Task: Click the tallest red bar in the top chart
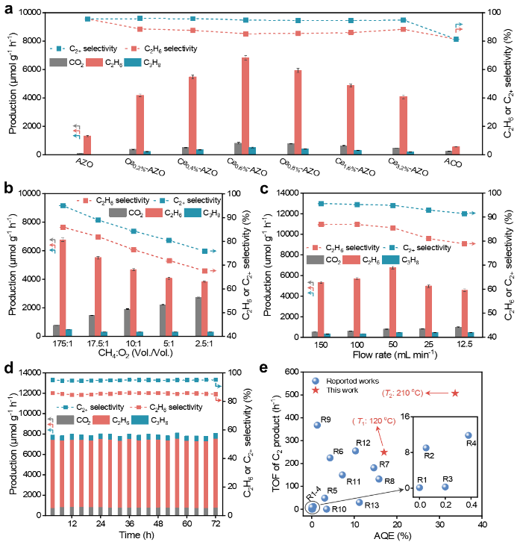click(x=245, y=105)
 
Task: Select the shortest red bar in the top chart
click(x=456, y=150)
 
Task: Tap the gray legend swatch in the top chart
click(x=58, y=63)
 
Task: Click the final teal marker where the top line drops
click(x=456, y=39)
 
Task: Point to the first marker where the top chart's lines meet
click(x=87, y=19)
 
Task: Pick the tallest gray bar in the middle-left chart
click(x=198, y=316)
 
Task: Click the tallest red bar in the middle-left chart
click(x=63, y=287)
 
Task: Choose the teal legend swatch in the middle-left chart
click(x=192, y=213)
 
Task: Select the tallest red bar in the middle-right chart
click(x=392, y=301)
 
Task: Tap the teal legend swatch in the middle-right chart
click(x=390, y=260)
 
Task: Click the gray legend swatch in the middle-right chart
click(x=315, y=260)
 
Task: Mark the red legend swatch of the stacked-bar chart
click(x=101, y=420)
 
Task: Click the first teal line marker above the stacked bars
click(x=53, y=380)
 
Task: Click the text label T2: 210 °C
click(x=402, y=393)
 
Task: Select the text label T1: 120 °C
click(x=374, y=421)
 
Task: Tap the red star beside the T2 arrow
click(x=455, y=393)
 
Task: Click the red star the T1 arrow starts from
click(x=384, y=452)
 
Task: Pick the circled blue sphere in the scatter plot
click(x=312, y=508)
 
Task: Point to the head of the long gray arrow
click(x=403, y=490)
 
